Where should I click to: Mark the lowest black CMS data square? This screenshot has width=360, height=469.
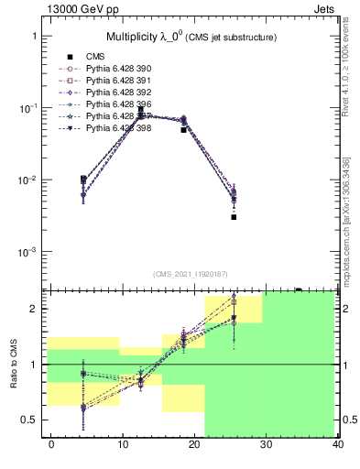(235, 217)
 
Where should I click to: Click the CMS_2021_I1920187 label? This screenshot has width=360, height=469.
(191, 273)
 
